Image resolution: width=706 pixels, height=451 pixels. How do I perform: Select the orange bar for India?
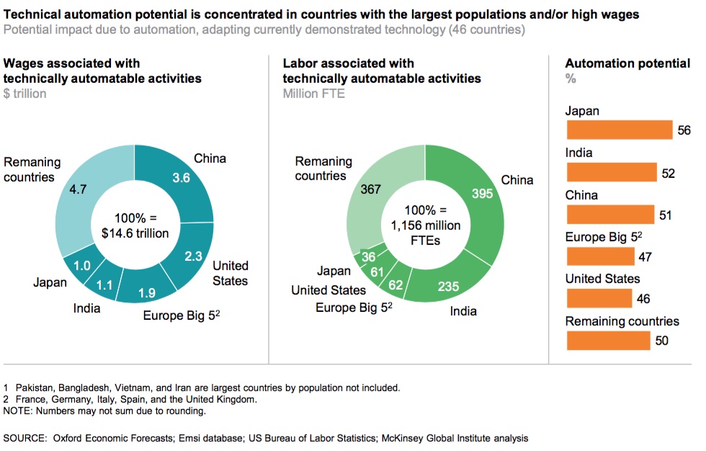(612, 172)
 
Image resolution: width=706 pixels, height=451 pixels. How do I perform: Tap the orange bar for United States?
(599, 298)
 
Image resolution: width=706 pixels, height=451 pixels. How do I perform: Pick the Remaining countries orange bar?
(608, 340)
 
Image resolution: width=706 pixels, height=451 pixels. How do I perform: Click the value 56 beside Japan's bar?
(684, 130)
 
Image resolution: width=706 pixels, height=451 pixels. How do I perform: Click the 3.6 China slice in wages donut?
(182, 177)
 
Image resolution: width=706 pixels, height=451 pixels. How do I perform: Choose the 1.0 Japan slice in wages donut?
(82, 265)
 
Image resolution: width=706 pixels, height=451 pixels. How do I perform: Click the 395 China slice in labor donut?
(481, 193)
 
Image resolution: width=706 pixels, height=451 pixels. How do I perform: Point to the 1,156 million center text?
(425, 225)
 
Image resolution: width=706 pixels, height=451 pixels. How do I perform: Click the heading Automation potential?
(627, 63)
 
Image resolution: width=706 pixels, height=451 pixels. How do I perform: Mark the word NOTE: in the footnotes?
(19, 411)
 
